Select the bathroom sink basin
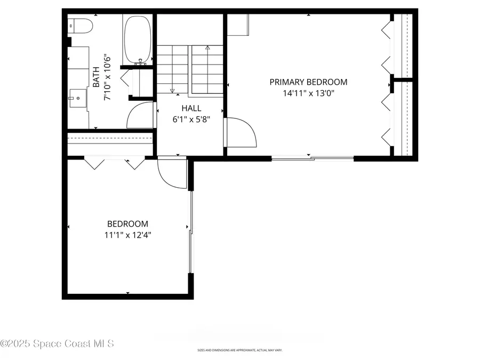tap(78, 97)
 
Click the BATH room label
tap(96, 77)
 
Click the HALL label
tap(191, 108)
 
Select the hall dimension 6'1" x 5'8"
tap(191, 119)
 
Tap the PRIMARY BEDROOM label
tap(308, 82)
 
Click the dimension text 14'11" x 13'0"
tap(308, 93)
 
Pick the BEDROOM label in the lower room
tap(127, 224)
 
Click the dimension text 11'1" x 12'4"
tap(127, 235)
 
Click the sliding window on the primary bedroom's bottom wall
tap(313, 158)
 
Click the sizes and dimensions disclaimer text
tap(239, 350)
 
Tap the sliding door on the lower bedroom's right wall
tap(190, 229)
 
